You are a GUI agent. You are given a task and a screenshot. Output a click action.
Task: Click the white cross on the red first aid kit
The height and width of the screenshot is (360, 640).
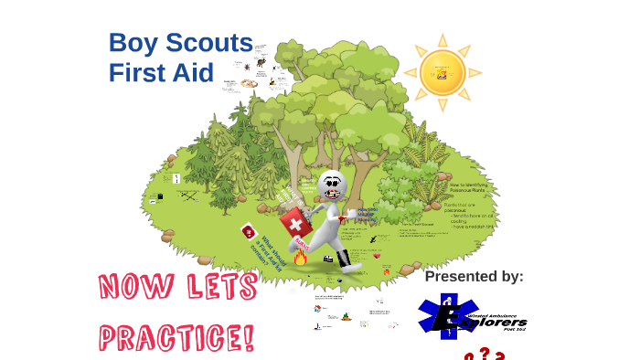pyautogui.click(x=293, y=222)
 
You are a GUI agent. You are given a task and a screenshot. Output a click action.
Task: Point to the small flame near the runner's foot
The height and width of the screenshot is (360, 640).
pyautogui.click(x=300, y=258)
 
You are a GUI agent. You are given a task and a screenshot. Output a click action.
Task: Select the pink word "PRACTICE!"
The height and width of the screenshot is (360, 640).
pyautogui.click(x=176, y=336)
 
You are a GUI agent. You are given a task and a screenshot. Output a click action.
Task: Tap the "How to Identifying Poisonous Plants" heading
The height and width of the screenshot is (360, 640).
pyautogui.click(x=473, y=190)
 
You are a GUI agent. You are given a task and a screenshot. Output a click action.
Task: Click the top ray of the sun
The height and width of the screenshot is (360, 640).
pyautogui.click(x=443, y=39)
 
